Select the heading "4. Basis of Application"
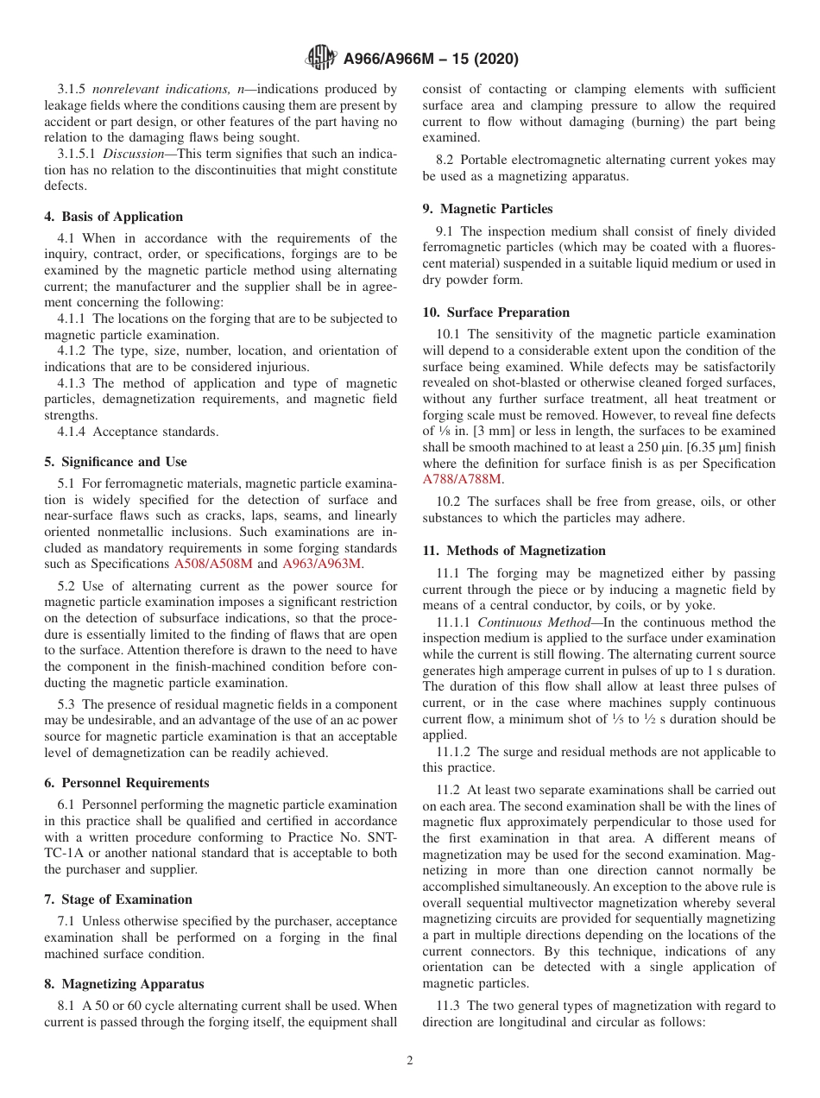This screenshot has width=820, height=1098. click(114, 217)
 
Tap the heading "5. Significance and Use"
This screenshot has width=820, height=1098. click(116, 462)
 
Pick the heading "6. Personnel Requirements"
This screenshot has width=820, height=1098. click(127, 783)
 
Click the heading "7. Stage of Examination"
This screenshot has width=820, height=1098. click(118, 899)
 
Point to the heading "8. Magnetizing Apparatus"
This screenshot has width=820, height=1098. click(124, 984)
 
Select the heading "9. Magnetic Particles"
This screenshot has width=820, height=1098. click(488, 209)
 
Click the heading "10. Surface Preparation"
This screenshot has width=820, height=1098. click(496, 312)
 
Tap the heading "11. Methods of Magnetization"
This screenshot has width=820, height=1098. click(514, 551)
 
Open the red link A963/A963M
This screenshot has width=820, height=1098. click(322, 564)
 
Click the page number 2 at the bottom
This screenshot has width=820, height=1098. click(410, 1061)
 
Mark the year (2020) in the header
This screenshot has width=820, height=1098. click(490, 60)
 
